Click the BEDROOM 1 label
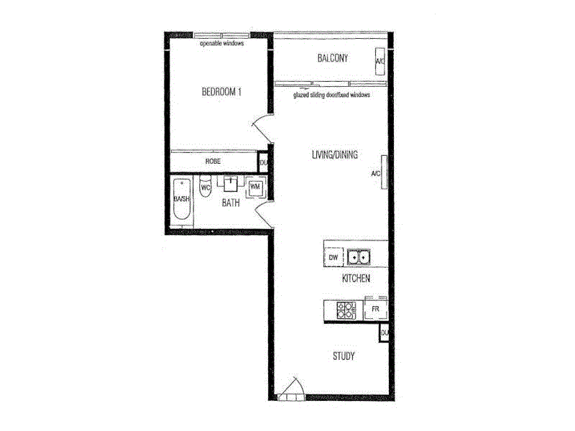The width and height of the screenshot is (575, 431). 221,91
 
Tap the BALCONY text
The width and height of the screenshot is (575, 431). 333,59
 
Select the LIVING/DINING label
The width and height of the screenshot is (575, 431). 334,155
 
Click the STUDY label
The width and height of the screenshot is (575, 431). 343,356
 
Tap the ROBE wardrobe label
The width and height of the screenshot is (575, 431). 212,162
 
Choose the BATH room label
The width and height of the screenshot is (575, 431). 230,203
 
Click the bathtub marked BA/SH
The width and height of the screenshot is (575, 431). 181,200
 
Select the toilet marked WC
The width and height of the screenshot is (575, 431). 205,187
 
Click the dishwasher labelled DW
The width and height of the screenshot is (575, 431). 333,256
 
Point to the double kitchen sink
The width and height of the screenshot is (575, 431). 359,256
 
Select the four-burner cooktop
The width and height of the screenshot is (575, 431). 346,310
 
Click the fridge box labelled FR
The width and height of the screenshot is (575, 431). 374,310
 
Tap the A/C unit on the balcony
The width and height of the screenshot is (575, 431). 379,62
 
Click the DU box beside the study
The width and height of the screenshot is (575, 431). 385,333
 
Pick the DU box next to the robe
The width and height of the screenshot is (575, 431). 263,162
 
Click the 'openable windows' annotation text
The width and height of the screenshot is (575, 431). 222,43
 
